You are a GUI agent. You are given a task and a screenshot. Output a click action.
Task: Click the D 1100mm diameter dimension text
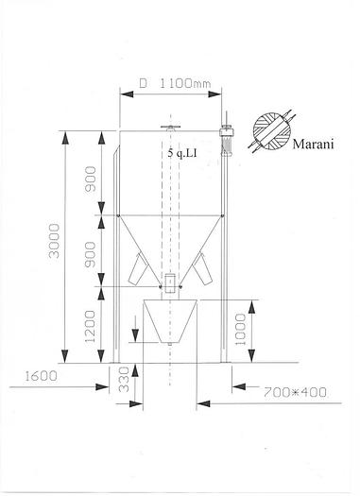(x=175, y=83)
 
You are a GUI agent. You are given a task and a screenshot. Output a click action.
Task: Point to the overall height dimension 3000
(x=55, y=248)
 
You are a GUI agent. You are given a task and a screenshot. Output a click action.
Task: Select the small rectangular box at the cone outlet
(x=169, y=282)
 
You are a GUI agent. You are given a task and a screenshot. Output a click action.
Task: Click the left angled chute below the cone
(x=138, y=272)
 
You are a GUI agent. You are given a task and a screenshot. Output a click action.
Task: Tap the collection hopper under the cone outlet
(x=169, y=321)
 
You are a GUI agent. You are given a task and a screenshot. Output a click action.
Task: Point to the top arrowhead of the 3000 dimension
(x=65, y=134)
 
